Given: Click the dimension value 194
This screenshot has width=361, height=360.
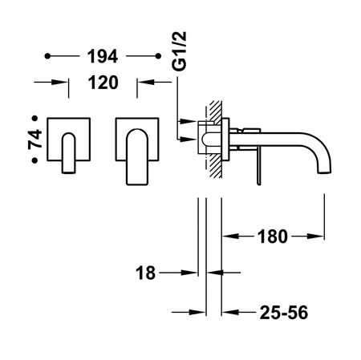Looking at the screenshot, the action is [103, 56].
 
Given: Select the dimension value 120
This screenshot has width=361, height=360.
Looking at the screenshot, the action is [103, 83].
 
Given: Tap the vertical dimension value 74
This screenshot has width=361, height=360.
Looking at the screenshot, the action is [35, 139].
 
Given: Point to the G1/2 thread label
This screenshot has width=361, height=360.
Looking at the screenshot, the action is [180, 51].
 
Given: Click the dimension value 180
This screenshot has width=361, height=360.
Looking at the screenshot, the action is [273, 237].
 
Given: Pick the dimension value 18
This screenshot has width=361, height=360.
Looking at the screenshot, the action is [145, 273].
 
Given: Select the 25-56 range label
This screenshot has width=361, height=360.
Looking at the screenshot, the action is [284, 312].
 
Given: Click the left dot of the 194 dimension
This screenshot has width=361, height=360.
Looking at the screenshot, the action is [47, 56].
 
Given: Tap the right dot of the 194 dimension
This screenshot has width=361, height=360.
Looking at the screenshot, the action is [158, 56].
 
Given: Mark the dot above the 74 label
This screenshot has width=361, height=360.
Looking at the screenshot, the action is [34, 118].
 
